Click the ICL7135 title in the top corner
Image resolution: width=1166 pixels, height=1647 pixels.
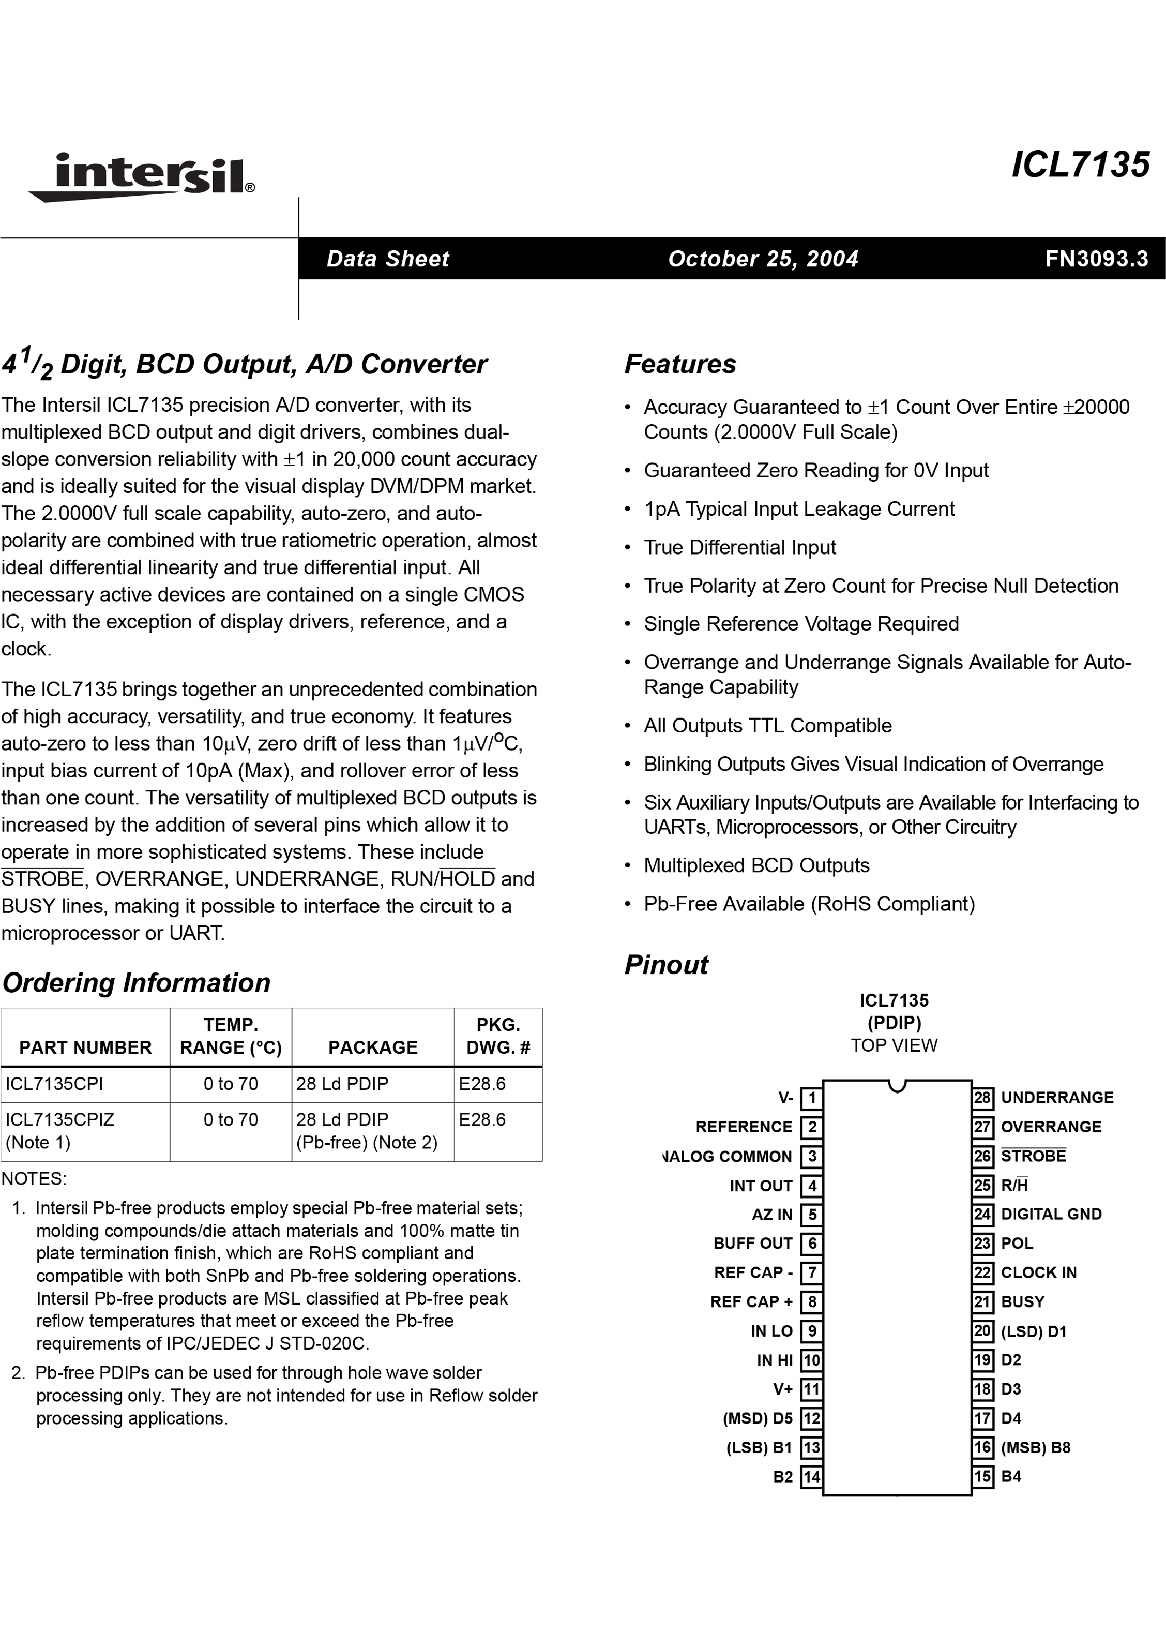1080,164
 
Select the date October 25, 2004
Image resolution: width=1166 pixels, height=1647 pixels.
763,259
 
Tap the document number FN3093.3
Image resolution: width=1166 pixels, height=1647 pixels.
1096,259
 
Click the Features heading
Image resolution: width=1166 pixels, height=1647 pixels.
680,364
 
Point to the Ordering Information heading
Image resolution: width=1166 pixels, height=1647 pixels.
137,983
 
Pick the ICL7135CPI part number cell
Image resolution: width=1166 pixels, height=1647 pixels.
55,1084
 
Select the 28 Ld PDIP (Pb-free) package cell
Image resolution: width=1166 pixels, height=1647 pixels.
366,1131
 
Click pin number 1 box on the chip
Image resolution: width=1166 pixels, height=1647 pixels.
811,1098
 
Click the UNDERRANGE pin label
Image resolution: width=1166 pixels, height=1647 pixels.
1057,1098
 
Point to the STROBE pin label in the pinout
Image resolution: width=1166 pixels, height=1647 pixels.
1033,1156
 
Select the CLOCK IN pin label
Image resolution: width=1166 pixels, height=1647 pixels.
1038,1273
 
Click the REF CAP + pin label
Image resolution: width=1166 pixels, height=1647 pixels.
751,1302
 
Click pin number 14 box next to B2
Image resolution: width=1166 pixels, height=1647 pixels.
811,1477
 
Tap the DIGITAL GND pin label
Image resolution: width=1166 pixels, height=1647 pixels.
1051,1214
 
